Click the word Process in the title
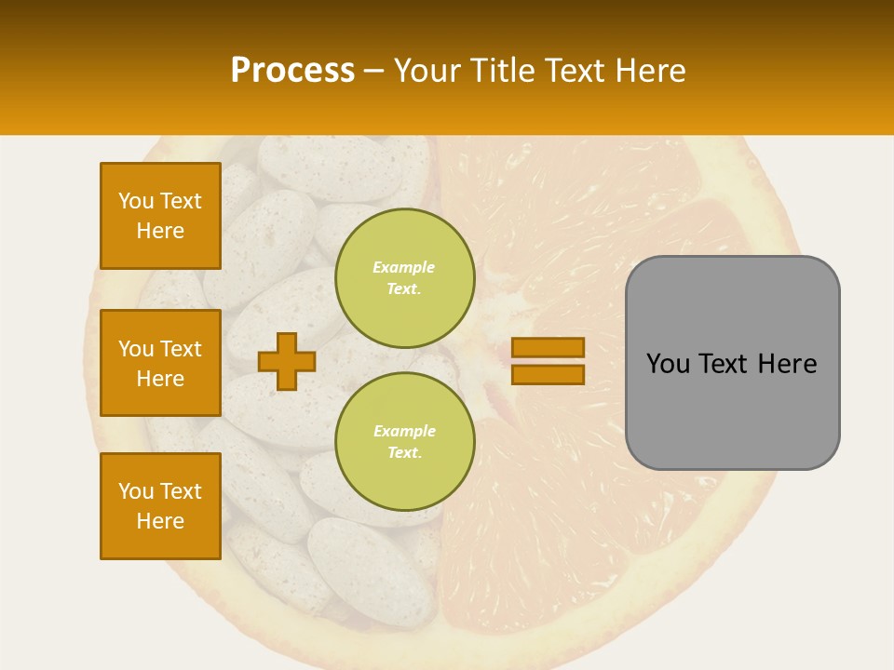click(292, 71)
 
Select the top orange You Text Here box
click(160, 216)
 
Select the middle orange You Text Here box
click(160, 363)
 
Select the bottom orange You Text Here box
click(160, 506)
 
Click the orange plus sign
click(286, 361)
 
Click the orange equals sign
click(548, 361)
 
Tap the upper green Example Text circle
click(404, 278)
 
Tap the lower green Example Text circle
click(404, 442)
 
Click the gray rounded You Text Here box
click(732, 363)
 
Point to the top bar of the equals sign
click(548, 347)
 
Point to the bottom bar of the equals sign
click(548, 374)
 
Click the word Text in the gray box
click(725, 364)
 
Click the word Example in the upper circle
click(404, 267)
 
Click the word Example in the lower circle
click(404, 431)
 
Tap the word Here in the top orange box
click(160, 231)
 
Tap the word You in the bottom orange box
click(136, 491)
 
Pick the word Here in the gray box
click(787, 364)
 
